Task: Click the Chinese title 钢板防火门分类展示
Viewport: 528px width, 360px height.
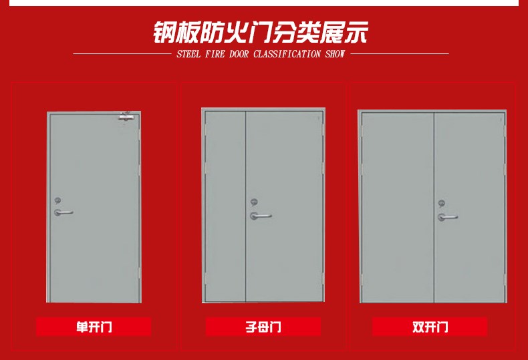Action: [261, 31]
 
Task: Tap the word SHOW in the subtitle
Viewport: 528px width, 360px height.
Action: [335, 54]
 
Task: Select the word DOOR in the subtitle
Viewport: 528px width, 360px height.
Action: [239, 54]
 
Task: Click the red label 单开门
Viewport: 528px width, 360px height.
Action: [94, 327]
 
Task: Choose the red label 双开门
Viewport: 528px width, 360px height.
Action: [430, 327]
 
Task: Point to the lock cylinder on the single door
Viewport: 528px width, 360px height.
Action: [58, 200]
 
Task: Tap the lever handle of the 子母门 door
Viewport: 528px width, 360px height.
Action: [260, 216]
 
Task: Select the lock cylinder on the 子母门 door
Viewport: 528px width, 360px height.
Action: [254, 202]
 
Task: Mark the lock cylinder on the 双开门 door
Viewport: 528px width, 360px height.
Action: [441, 203]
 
